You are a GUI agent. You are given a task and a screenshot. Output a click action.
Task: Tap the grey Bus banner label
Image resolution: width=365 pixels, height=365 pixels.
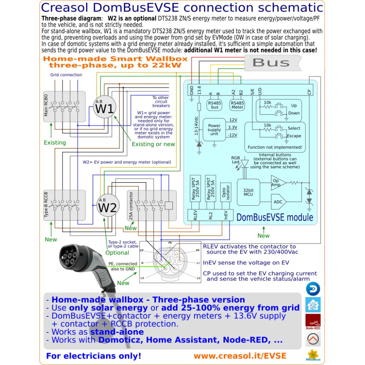click(271, 62)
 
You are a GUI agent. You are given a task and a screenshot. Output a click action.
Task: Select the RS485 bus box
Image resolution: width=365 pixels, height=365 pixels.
click(215, 105)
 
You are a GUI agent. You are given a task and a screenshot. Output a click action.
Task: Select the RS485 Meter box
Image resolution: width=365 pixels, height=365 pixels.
click(237, 105)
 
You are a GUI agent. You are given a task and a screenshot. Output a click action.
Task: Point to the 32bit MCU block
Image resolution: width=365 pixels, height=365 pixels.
click(248, 193)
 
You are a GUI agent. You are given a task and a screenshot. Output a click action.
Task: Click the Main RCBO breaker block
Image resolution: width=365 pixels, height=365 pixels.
click(64, 106)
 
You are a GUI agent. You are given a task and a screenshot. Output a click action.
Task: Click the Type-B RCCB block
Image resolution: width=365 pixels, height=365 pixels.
click(64, 205)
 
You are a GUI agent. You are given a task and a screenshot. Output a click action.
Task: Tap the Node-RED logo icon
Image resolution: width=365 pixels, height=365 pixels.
click(313, 322)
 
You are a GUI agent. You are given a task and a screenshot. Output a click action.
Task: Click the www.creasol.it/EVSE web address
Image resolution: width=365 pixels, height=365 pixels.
click(240, 356)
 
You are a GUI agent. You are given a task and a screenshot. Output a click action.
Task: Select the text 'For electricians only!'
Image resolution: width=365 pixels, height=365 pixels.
click(93, 356)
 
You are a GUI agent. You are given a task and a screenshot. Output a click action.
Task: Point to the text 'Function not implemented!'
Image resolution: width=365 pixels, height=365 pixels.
click(275, 147)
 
